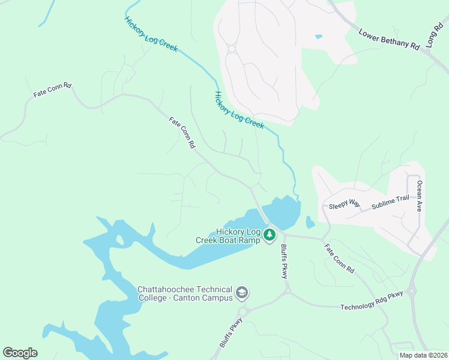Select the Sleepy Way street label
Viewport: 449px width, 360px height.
[345, 205]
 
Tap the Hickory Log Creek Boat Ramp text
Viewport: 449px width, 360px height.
[228, 236]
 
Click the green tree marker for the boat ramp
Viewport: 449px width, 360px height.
[270, 233]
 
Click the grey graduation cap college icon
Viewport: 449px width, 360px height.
[242, 293]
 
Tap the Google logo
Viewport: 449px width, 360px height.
[20, 353]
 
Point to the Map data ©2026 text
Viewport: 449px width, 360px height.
[423, 355]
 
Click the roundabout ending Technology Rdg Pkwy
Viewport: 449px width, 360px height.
[411, 293]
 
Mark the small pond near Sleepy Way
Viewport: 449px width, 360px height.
[310, 223]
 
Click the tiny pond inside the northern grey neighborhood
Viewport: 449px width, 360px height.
[318, 37]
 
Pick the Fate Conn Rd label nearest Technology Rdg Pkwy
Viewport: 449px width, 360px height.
[339, 259]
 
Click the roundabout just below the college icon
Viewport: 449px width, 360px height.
[243, 311]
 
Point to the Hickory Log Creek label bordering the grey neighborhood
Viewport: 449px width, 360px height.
[239, 110]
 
